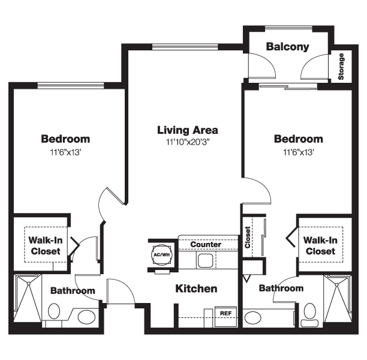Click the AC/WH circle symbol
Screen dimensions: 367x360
click(x=161, y=255)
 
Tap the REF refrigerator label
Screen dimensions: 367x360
click(x=225, y=313)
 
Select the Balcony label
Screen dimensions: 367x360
click(x=288, y=47)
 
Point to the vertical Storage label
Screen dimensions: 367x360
click(x=341, y=67)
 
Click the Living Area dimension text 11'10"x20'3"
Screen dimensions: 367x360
click(x=188, y=142)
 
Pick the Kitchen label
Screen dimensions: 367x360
click(x=196, y=289)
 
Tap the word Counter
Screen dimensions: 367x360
click(x=206, y=245)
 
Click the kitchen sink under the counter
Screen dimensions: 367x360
click(x=206, y=260)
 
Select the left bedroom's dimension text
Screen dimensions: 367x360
click(x=65, y=152)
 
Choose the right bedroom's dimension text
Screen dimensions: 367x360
click(x=299, y=152)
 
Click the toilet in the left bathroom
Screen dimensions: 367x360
click(x=54, y=311)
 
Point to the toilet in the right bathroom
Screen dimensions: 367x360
click(x=309, y=314)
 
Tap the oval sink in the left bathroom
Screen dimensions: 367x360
click(x=86, y=317)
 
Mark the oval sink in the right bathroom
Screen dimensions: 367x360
click(x=253, y=318)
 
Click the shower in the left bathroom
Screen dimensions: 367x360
click(x=28, y=298)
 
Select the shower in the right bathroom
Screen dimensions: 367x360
click(x=337, y=299)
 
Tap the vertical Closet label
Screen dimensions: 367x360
click(x=248, y=237)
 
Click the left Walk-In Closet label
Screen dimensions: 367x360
click(x=46, y=245)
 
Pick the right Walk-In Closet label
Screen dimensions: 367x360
click(x=320, y=245)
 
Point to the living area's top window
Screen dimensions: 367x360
click(x=185, y=47)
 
